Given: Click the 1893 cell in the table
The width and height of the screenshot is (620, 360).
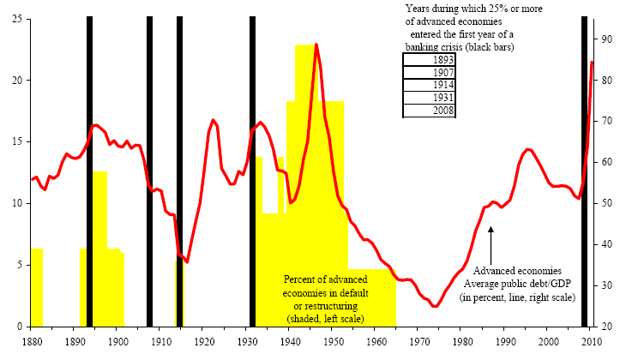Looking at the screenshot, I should [430, 60].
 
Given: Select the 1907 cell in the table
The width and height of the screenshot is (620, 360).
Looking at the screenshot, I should [430, 73].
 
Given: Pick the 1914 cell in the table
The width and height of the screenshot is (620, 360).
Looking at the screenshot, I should [430, 86].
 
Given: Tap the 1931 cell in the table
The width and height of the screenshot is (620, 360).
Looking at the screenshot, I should [430, 99].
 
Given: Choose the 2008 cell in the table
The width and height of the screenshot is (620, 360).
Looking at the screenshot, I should [430, 111].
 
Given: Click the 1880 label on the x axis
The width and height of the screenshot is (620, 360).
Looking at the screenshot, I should [33, 341].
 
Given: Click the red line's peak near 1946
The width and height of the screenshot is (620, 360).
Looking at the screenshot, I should [316, 45].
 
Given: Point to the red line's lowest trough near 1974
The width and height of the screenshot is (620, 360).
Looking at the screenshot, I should [435, 306].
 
